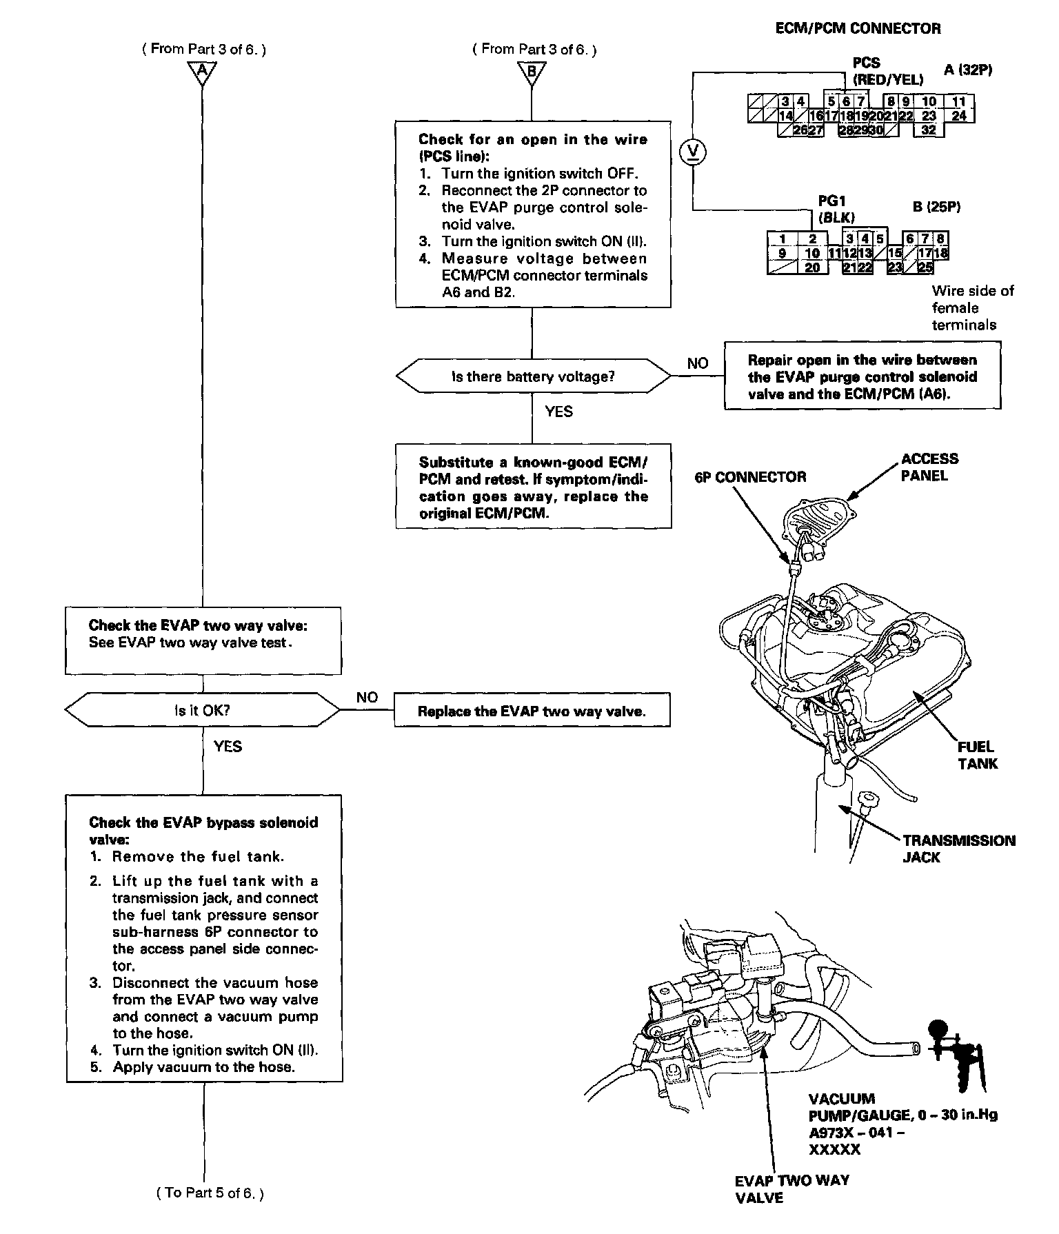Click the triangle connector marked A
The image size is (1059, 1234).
point(202,72)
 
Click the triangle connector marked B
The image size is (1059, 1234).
point(532,72)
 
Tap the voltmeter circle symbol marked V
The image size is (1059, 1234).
point(692,151)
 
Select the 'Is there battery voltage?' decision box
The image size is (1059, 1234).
point(532,376)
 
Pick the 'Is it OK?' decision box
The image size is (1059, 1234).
point(202,710)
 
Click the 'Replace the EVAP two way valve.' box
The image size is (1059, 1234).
point(532,711)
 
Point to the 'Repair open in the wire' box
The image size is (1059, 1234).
point(862,376)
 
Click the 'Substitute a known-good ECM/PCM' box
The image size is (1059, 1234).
point(533,487)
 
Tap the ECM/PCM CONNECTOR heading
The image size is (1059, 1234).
point(858,28)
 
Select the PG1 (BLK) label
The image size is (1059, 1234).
point(832,209)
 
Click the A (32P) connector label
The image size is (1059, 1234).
point(967,70)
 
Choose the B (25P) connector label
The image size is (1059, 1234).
point(936,207)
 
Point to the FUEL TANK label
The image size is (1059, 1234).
point(977,755)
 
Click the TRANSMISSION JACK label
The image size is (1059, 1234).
point(958,849)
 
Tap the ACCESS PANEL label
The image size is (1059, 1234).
point(929,467)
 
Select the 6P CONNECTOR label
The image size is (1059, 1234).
point(749,477)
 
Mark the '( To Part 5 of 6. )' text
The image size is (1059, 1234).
point(210,1193)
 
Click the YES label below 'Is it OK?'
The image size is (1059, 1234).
point(228,747)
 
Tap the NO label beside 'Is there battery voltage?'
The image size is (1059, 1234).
point(698,363)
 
